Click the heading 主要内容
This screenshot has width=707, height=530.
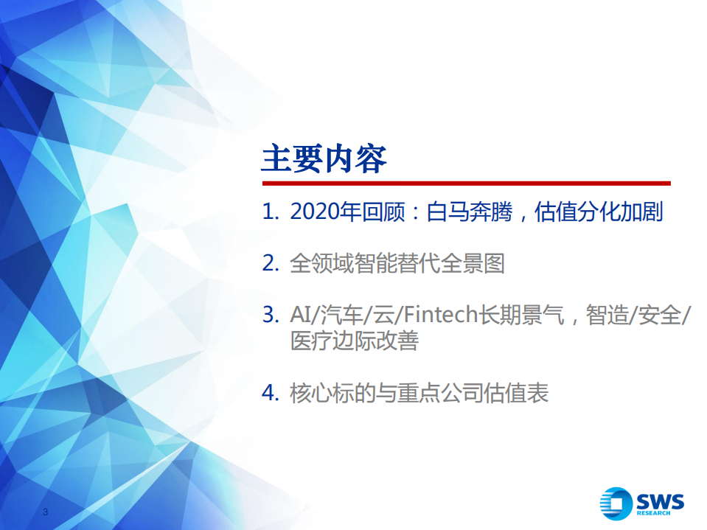(x=324, y=158)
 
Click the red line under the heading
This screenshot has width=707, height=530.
(x=465, y=183)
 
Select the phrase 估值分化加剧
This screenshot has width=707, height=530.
(x=599, y=213)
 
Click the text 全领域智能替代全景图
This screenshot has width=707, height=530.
(x=397, y=264)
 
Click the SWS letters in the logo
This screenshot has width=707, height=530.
(x=659, y=502)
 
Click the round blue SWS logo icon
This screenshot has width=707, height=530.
(x=616, y=505)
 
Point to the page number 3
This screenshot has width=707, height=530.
(x=46, y=512)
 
